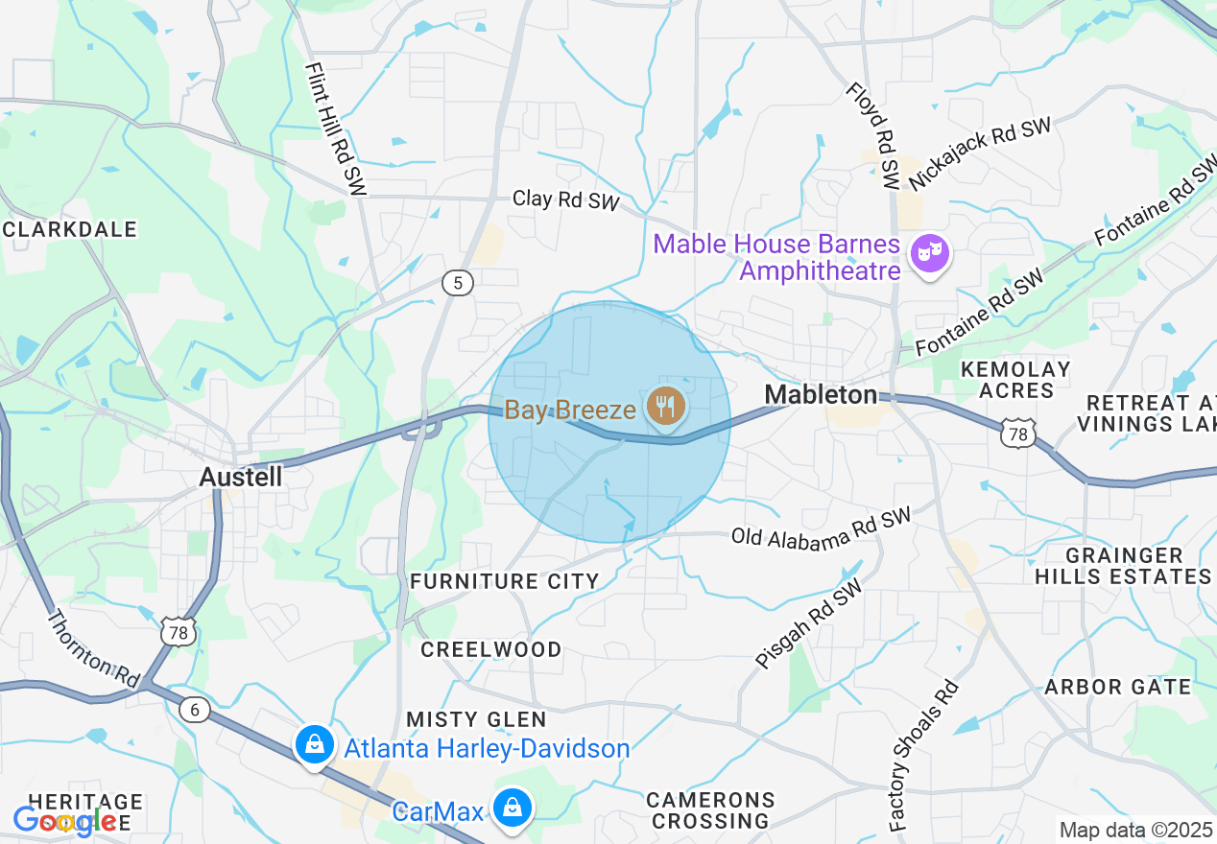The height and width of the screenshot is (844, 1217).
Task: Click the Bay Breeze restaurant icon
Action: [x=664, y=407]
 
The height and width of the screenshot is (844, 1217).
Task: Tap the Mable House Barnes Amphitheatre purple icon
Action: [x=930, y=254]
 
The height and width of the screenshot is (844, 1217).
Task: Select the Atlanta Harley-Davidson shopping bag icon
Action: [x=313, y=744]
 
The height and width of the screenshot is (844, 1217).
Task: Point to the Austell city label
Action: [x=241, y=477]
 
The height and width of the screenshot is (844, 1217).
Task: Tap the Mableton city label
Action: [x=821, y=394]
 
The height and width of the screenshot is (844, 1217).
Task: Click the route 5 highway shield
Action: [x=459, y=282]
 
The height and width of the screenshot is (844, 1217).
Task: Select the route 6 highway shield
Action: [x=195, y=709]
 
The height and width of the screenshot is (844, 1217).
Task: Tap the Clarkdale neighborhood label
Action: [x=70, y=229]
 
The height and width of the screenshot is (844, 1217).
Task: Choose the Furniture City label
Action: [x=504, y=581]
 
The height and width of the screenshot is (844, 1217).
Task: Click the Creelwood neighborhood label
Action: [x=491, y=649]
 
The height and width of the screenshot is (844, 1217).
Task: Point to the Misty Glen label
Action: [x=476, y=719]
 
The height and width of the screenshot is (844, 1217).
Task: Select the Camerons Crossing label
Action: [x=710, y=810]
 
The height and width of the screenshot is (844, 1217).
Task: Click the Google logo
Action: [x=64, y=821]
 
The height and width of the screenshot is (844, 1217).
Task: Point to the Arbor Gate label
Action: [x=1117, y=687]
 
